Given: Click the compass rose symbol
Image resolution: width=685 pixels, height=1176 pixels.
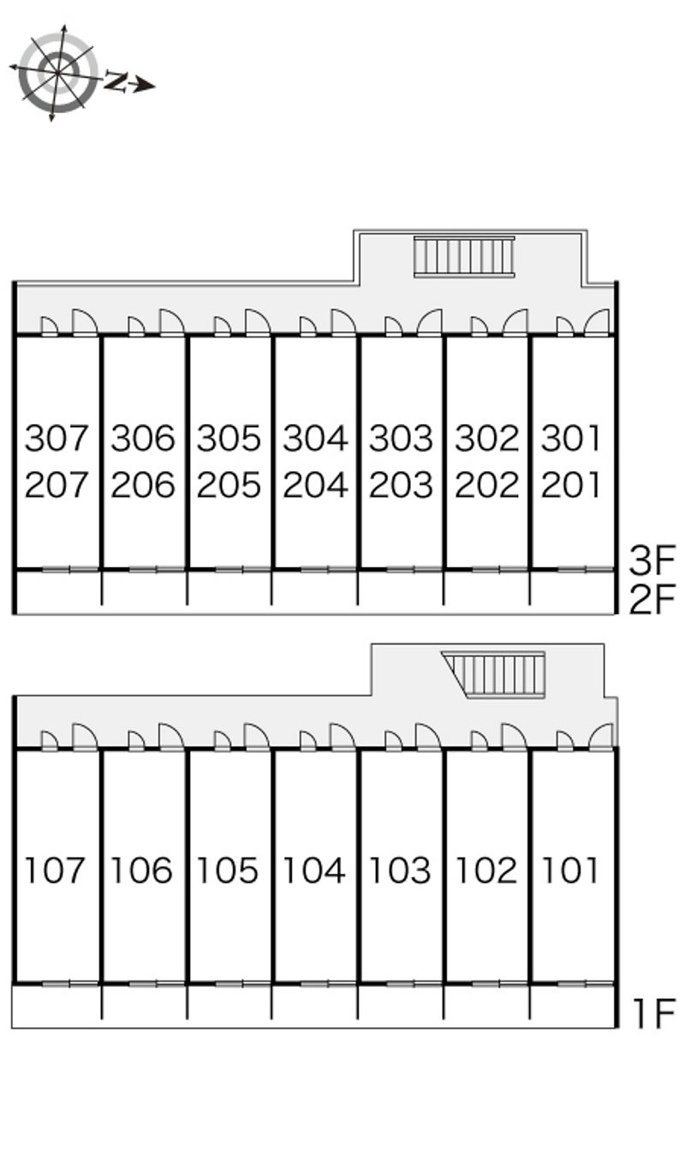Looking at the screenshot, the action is (x=55, y=73).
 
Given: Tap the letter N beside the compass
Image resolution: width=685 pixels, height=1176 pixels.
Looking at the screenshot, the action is (x=116, y=81).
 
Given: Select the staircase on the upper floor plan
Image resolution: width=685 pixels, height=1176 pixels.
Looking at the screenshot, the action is (x=464, y=256).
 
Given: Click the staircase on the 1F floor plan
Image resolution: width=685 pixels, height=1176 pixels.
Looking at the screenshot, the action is (x=493, y=675).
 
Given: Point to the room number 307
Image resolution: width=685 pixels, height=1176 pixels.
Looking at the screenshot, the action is (x=57, y=439).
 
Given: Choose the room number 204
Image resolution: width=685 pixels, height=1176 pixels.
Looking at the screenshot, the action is (x=315, y=485).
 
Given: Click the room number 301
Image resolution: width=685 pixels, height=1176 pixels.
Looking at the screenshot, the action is (x=570, y=439).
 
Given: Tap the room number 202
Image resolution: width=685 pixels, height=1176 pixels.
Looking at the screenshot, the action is (x=486, y=485).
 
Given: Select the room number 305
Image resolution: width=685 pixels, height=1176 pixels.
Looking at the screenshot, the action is (x=229, y=439).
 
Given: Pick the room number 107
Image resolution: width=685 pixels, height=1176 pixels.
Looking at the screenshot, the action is (x=55, y=870).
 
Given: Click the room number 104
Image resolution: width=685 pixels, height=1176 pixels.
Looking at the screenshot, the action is (x=314, y=870).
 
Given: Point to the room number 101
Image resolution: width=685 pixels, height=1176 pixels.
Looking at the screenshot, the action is (x=569, y=870).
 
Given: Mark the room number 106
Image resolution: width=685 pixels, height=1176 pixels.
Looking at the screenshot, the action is (x=141, y=870).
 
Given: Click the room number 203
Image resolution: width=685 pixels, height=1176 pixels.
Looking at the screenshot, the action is (x=401, y=485).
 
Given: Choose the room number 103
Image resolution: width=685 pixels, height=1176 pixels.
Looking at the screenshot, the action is (x=400, y=870).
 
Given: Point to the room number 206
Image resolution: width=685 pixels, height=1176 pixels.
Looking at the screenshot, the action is (x=142, y=485).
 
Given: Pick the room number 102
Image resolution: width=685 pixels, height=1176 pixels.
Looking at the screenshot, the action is (x=486, y=870).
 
